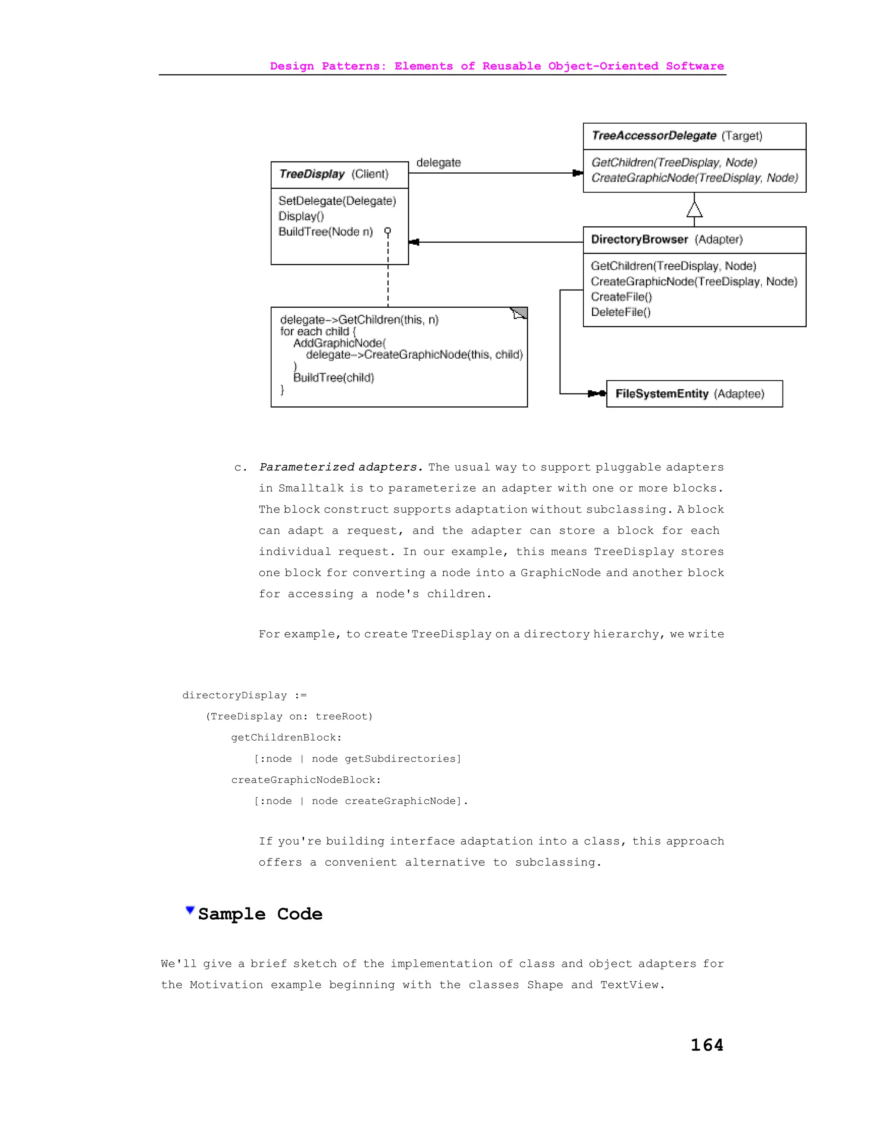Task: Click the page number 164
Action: pos(707,1045)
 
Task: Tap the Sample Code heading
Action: pos(260,914)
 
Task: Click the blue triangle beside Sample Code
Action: pos(190,910)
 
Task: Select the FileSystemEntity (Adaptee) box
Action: pos(694,394)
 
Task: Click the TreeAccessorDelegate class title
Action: pos(654,136)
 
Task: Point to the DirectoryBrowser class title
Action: pos(639,240)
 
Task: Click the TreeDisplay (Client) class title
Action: pos(312,174)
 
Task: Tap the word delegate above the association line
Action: pos(438,162)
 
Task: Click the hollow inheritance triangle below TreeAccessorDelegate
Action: pos(694,210)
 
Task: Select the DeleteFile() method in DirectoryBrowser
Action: pos(620,312)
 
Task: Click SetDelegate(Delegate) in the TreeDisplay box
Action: pos(337,201)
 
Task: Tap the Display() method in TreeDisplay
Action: pos(301,216)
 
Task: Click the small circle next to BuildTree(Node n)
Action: pos(388,231)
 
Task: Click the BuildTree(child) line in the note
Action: pos(334,378)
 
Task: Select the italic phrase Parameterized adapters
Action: pos(341,467)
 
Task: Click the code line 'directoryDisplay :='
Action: pos(244,695)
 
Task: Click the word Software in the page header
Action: pos(695,66)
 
